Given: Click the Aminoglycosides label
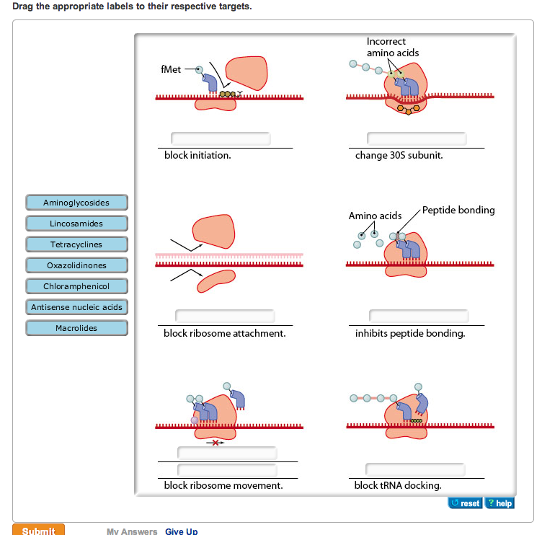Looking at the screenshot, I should [76, 203].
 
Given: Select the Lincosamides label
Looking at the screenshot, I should [76, 224].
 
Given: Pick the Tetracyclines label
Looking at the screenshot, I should [76, 244].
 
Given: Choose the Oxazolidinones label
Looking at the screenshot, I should [76, 265].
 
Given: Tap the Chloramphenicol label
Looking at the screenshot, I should [76, 286].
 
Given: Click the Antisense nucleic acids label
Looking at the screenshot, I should [76, 307].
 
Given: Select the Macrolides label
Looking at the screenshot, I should [76, 328].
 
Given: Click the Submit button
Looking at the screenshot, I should [38, 531].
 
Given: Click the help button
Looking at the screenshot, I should [499, 503].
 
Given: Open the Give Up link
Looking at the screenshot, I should [181, 531].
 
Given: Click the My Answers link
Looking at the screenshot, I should [132, 531].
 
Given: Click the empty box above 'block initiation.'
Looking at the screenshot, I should [221, 138].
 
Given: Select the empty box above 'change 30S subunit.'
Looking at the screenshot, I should [417, 138].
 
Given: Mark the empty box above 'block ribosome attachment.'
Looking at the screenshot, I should [225, 316].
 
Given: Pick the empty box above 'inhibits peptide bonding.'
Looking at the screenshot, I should [419, 316].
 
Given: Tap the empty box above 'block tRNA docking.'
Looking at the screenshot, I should [415, 469].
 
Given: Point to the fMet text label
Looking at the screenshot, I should [171, 69].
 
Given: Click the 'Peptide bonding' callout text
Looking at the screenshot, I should [458, 210].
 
